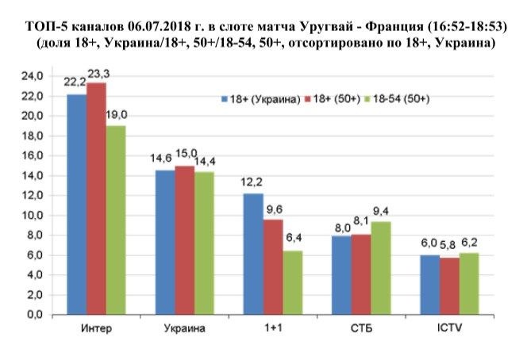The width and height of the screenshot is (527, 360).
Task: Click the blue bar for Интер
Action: click(77, 205)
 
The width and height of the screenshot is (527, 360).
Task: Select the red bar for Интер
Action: click(97, 198)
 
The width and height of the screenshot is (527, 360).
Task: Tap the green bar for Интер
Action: click(116, 220)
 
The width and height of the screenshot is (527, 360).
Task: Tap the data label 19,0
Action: click(117, 115)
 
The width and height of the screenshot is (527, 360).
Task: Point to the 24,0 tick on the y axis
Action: click(32, 76)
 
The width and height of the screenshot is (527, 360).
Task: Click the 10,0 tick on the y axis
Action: click(32, 216)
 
